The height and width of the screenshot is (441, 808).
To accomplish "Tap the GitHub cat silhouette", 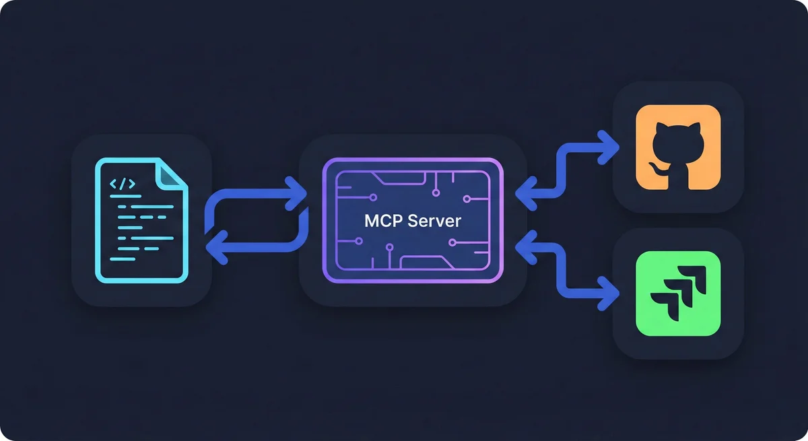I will pyautogui.click(x=678, y=148).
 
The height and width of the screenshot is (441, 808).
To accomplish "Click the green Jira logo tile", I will pyautogui.click(x=678, y=294).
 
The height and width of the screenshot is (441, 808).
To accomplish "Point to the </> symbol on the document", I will pyautogui.click(x=123, y=184).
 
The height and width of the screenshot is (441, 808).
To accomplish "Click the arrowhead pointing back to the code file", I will pyautogui.click(x=213, y=250).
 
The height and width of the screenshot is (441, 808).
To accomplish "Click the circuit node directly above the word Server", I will pyautogui.click(x=436, y=193).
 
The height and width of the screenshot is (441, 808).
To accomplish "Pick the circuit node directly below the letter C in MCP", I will pyautogui.click(x=389, y=247).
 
